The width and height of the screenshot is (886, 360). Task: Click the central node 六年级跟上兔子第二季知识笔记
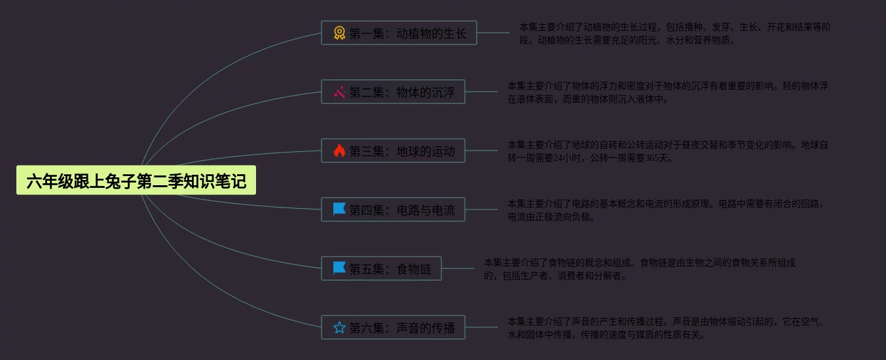(136, 181)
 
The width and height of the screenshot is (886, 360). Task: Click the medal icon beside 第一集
(339, 33)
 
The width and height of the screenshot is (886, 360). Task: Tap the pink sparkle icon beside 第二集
(339, 92)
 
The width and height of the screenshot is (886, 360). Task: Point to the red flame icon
(339, 151)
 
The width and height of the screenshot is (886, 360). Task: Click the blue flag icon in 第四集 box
(339, 209)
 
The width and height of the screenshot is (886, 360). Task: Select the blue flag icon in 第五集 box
(339, 268)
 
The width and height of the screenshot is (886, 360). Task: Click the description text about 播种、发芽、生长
(674, 33)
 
